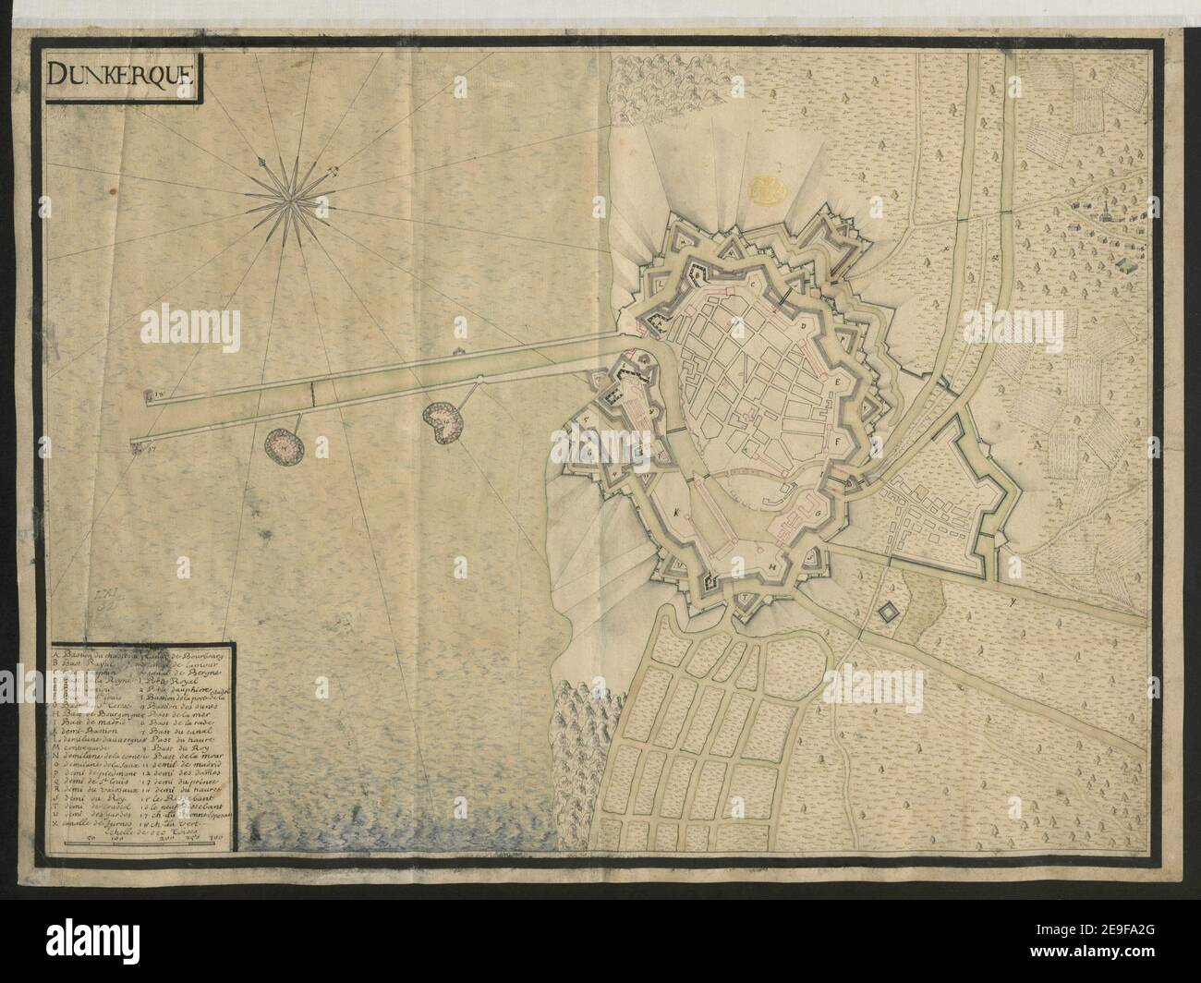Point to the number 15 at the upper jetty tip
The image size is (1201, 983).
[x=158, y=397]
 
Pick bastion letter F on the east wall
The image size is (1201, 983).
[x=839, y=441]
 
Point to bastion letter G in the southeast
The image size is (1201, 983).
[x=819, y=508]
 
